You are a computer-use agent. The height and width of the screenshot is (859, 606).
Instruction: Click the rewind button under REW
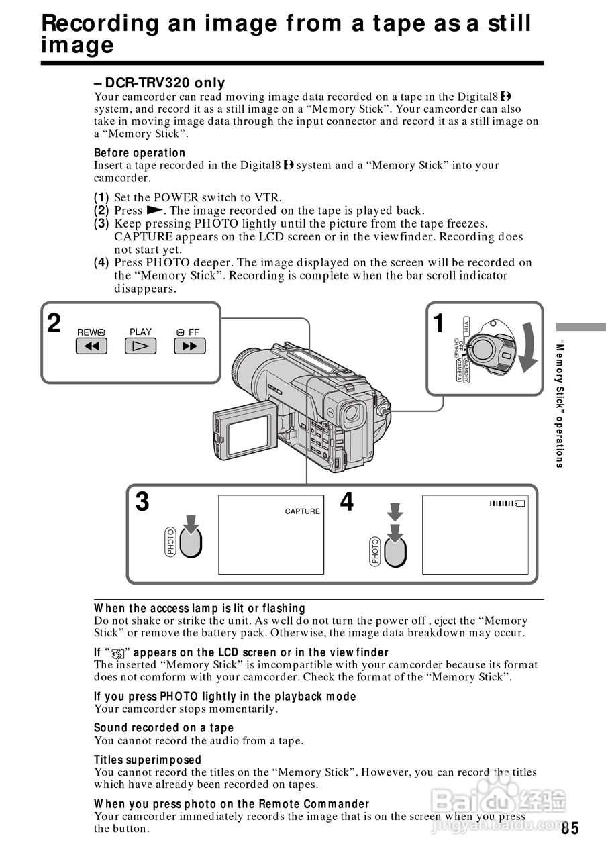coord(91,346)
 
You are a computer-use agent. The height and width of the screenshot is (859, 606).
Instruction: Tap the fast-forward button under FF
coord(190,346)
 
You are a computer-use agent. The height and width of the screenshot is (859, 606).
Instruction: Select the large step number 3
coord(142,502)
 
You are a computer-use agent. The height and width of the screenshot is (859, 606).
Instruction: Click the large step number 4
coord(346,502)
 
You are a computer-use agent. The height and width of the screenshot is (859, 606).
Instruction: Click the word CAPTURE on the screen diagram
coord(303,511)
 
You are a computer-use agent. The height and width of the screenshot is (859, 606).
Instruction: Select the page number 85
coord(570,828)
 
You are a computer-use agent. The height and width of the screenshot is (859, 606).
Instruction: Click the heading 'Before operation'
coord(140,153)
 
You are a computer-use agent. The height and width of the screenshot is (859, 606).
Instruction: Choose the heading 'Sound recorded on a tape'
coord(164,728)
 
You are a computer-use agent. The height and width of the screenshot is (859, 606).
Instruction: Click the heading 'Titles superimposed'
coord(148,760)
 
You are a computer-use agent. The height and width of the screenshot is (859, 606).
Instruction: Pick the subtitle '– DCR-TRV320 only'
coord(160,83)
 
